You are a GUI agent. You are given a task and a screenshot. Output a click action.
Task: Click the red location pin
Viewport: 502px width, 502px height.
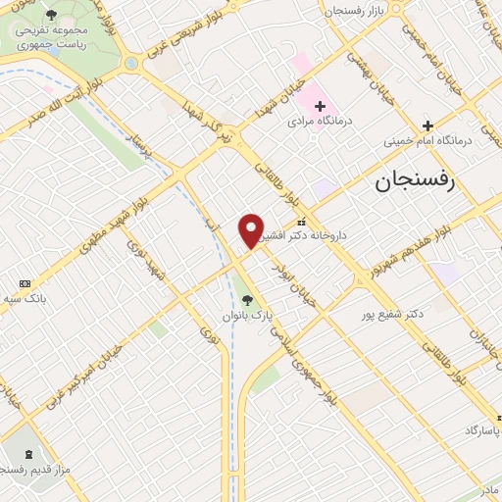251,229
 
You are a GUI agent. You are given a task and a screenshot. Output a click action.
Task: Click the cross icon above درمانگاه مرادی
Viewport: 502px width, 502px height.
319,106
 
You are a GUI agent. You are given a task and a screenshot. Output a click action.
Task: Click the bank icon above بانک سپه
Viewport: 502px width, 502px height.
25,282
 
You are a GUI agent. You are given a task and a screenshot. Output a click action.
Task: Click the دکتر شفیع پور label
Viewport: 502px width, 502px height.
393,314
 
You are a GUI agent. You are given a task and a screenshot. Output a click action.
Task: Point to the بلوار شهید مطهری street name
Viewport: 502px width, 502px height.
114,217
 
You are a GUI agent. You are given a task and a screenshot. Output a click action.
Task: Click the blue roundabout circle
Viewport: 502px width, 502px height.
130,63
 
